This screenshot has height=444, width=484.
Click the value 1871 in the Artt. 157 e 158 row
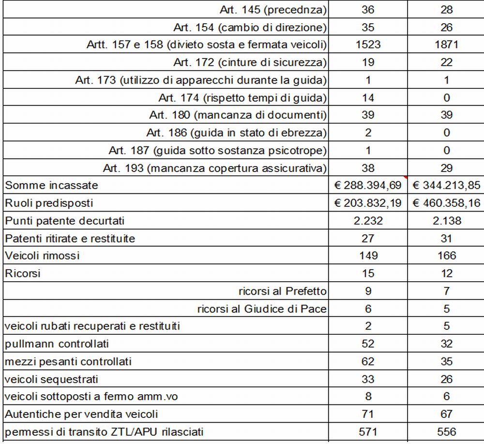446,45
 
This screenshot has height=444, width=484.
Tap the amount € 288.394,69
368,186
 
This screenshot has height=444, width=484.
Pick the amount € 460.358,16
446,203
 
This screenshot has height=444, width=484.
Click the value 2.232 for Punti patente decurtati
368,221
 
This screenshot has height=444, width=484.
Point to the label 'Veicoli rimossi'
42,256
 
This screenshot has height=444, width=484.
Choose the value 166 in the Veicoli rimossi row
446,256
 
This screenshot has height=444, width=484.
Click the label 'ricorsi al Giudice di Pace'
262,309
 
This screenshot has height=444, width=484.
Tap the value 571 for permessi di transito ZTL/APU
368,431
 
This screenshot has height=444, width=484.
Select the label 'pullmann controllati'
57,344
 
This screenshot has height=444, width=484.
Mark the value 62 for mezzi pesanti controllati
368,361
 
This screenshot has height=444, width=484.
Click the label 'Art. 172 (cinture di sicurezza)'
250,62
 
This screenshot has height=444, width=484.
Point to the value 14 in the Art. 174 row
368,98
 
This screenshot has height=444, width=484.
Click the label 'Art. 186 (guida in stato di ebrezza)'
236,133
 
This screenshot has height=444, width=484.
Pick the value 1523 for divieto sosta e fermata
368,45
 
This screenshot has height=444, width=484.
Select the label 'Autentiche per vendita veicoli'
81,414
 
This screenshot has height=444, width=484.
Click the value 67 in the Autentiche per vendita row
446,414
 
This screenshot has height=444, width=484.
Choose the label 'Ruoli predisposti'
49,203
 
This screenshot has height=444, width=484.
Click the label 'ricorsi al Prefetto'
282,291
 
